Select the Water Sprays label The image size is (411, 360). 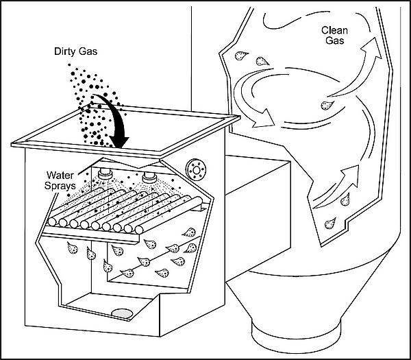coord(65,180)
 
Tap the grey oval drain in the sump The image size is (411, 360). coord(123,313)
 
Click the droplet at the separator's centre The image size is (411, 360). coord(328,106)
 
